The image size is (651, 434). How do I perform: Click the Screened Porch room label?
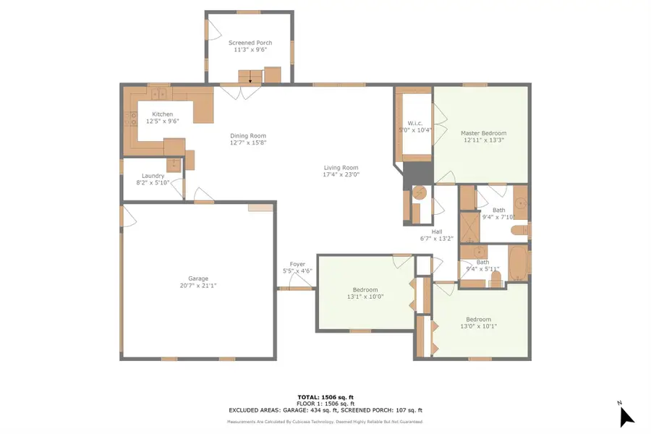click(x=250, y=43)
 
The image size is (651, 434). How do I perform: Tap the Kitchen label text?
click(x=162, y=114)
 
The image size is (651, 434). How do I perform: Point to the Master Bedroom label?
click(x=483, y=133)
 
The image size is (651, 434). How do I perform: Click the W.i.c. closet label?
click(x=414, y=122)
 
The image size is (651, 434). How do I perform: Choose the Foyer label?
click(x=297, y=264)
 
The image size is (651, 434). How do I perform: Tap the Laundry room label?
click(x=153, y=176)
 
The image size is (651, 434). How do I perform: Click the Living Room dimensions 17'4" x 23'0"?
click(x=341, y=174)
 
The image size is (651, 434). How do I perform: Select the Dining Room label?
click(x=248, y=136)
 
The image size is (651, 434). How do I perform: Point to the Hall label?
click(x=437, y=231)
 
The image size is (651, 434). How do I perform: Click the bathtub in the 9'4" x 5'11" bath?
click(x=517, y=265)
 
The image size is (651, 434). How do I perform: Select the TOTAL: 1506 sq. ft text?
click(x=325, y=397)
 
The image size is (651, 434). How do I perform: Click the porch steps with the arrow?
click(x=250, y=77)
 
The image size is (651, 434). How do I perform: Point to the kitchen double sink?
click(x=158, y=93)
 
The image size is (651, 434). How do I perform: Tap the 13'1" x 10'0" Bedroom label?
click(x=365, y=290)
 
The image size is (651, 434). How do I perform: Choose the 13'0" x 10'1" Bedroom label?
click(x=478, y=320)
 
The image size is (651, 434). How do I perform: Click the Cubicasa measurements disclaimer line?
click(x=325, y=421)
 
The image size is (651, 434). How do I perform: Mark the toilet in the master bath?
click(x=519, y=231)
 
